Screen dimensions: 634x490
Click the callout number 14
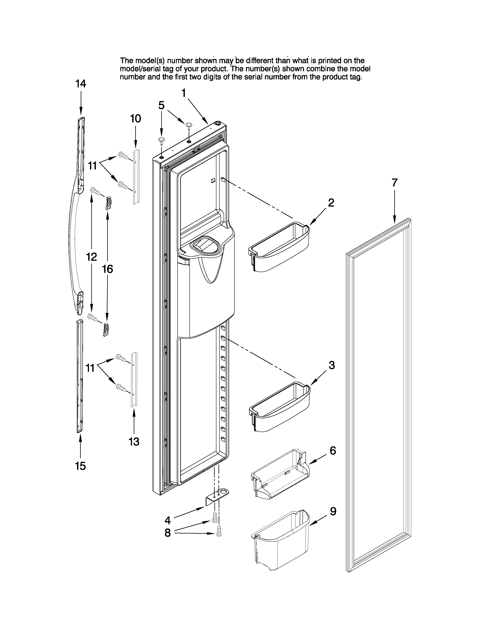coord(81,84)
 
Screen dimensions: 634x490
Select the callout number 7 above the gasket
coord(394,183)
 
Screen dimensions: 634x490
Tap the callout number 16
coord(107,269)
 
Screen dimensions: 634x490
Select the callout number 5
coord(161,105)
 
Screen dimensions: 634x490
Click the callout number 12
coord(91,257)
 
